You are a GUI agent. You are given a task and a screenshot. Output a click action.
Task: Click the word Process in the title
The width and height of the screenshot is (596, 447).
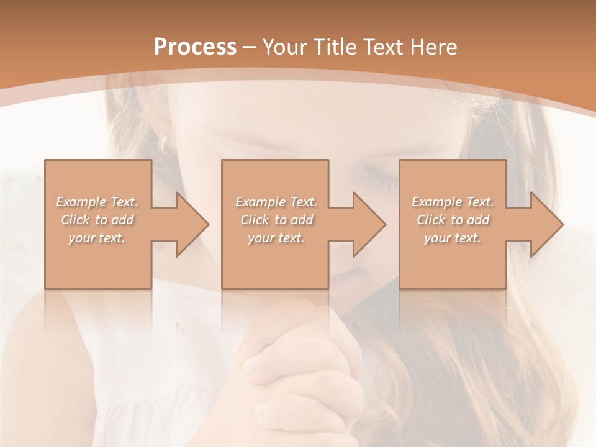pos(195,47)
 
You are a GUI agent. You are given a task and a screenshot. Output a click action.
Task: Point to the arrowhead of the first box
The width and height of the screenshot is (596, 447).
pos(193,224)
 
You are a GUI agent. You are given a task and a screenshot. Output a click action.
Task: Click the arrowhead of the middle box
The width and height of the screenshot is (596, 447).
pos(370,224)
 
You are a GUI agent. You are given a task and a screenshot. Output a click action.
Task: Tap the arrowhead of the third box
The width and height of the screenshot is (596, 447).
pos(547,224)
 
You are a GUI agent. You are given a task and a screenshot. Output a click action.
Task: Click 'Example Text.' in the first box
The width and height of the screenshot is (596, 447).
pos(97,202)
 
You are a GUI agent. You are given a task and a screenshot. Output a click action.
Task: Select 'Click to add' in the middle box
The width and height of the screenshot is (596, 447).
pos(276,220)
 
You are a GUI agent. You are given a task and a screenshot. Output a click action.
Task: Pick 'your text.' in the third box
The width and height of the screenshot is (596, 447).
pos(453,238)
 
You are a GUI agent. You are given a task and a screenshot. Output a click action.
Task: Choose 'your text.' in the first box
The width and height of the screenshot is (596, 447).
pos(97,238)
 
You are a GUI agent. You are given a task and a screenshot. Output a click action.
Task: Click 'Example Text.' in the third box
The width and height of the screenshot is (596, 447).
pos(453,202)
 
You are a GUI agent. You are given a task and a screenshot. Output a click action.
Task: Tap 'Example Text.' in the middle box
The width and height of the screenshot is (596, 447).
pos(276,202)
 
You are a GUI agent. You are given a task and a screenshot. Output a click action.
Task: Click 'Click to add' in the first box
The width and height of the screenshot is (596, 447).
pos(97,220)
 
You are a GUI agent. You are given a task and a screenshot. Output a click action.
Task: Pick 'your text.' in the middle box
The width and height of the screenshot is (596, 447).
pos(276,238)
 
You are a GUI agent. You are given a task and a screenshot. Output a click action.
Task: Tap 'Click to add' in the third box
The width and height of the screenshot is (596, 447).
pos(453,220)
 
